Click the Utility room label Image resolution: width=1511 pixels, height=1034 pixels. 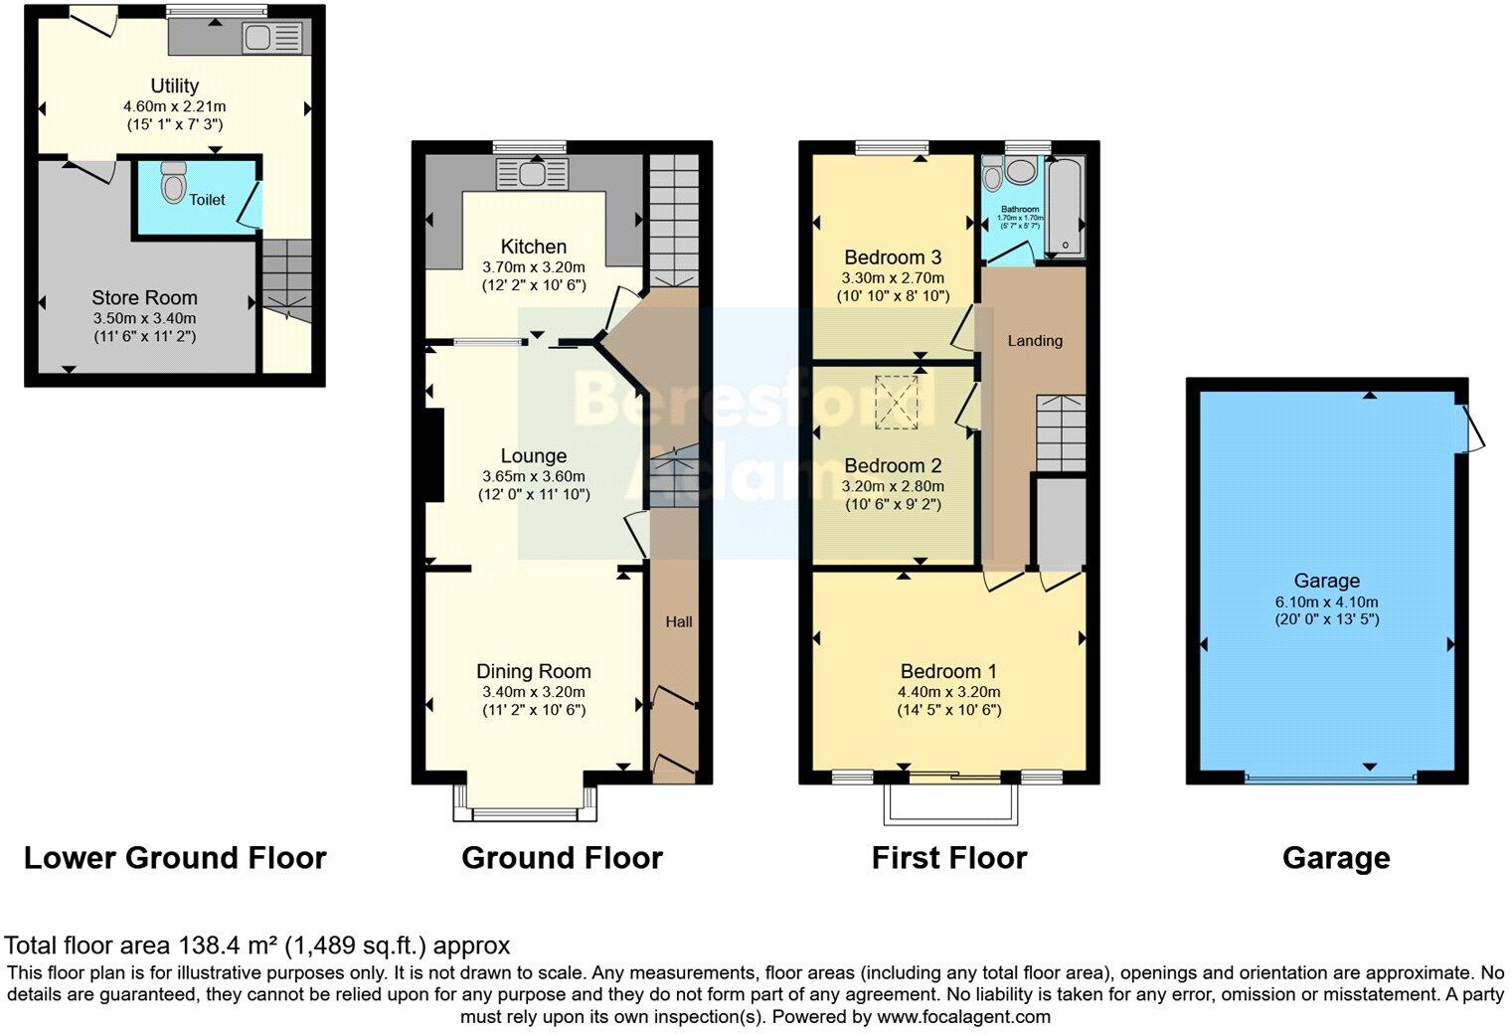click(x=175, y=86)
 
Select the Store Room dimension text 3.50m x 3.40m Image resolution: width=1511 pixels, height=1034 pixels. click(x=144, y=318)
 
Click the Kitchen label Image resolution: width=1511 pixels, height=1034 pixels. click(x=534, y=247)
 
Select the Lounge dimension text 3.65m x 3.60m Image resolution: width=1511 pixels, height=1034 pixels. click(x=534, y=476)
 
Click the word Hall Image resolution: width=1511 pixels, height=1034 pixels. click(x=679, y=621)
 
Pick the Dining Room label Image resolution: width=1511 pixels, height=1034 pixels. click(x=534, y=671)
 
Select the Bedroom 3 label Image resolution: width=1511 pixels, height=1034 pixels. click(x=893, y=258)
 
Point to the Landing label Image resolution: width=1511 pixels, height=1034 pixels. click(x=1035, y=340)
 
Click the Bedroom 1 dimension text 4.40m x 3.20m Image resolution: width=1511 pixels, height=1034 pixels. click(x=949, y=692)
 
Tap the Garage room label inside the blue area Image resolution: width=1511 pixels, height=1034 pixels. click(x=1326, y=581)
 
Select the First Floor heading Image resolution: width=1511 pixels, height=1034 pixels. click(x=948, y=857)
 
